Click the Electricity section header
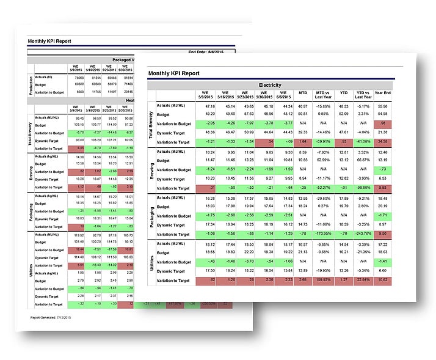[269, 84]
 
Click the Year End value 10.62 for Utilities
[382, 280]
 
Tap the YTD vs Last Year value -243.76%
[364, 233]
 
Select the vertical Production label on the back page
[31, 83]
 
